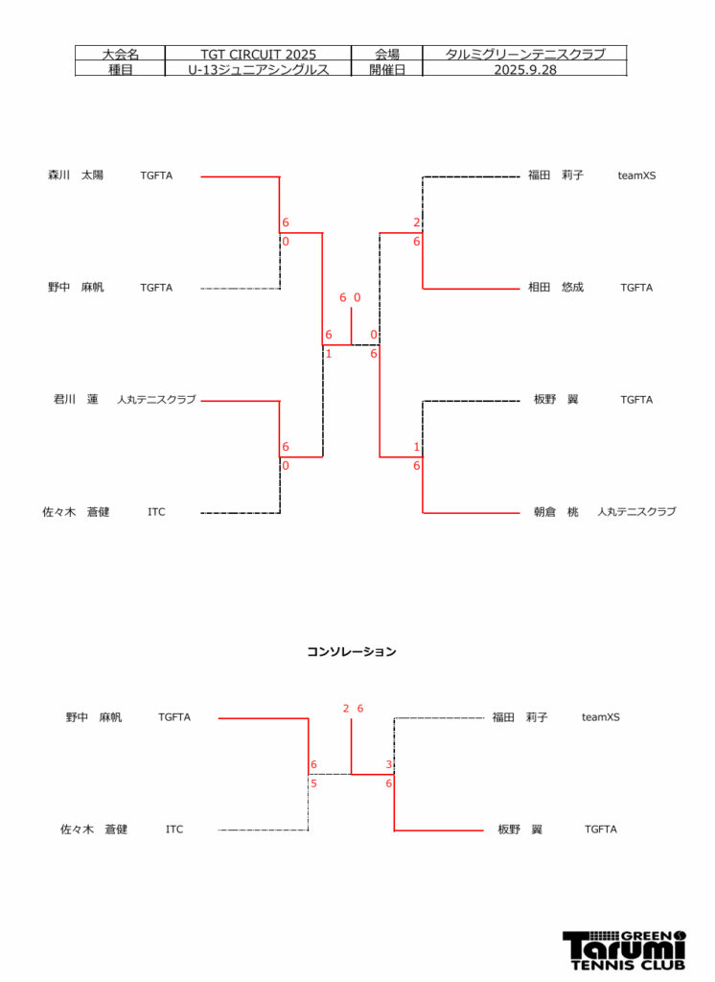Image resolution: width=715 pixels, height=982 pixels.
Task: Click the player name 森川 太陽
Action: [x=76, y=175]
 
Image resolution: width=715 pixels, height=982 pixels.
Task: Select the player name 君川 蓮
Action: [x=76, y=400]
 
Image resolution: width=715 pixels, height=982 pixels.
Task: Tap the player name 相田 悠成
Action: [x=556, y=288]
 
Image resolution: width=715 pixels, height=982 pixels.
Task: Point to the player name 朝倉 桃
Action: [x=556, y=512]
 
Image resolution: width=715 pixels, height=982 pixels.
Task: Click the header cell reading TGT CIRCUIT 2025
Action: [x=258, y=55]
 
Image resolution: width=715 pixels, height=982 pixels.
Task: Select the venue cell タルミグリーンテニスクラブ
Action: [x=524, y=55]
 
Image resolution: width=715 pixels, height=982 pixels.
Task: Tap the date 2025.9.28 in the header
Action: [x=524, y=70]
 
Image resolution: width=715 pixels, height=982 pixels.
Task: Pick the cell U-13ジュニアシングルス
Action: [x=258, y=70]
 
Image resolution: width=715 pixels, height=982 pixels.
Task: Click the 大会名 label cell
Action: [x=120, y=55]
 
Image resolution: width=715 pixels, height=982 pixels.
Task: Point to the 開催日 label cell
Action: [x=387, y=70]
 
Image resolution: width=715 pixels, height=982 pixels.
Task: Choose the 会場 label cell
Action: [x=387, y=55]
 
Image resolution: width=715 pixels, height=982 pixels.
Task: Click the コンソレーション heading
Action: [x=351, y=652]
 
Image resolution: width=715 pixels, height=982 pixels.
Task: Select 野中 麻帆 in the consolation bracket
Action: [x=94, y=717]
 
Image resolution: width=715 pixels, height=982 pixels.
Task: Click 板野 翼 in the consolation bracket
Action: [x=519, y=830]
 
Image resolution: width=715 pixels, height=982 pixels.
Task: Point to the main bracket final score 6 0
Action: [x=350, y=297]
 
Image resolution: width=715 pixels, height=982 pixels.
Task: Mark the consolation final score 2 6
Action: [x=353, y=709]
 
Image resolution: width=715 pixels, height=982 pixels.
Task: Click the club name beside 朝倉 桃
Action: [x=635, y=512]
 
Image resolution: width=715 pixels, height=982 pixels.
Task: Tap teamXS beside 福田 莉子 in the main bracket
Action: [x=636, y=175]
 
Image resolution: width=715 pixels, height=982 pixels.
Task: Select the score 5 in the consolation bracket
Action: [x=313, y=783]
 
